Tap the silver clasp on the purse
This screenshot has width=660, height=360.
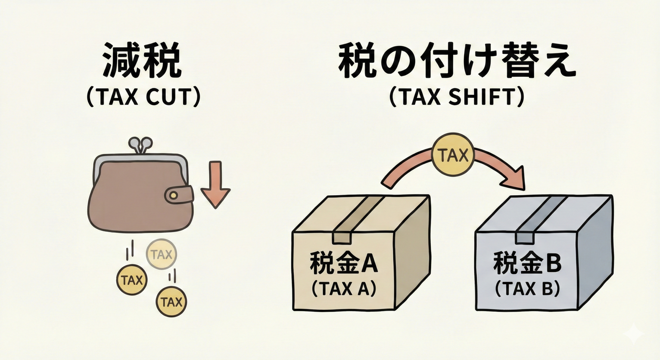(141, 145)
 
